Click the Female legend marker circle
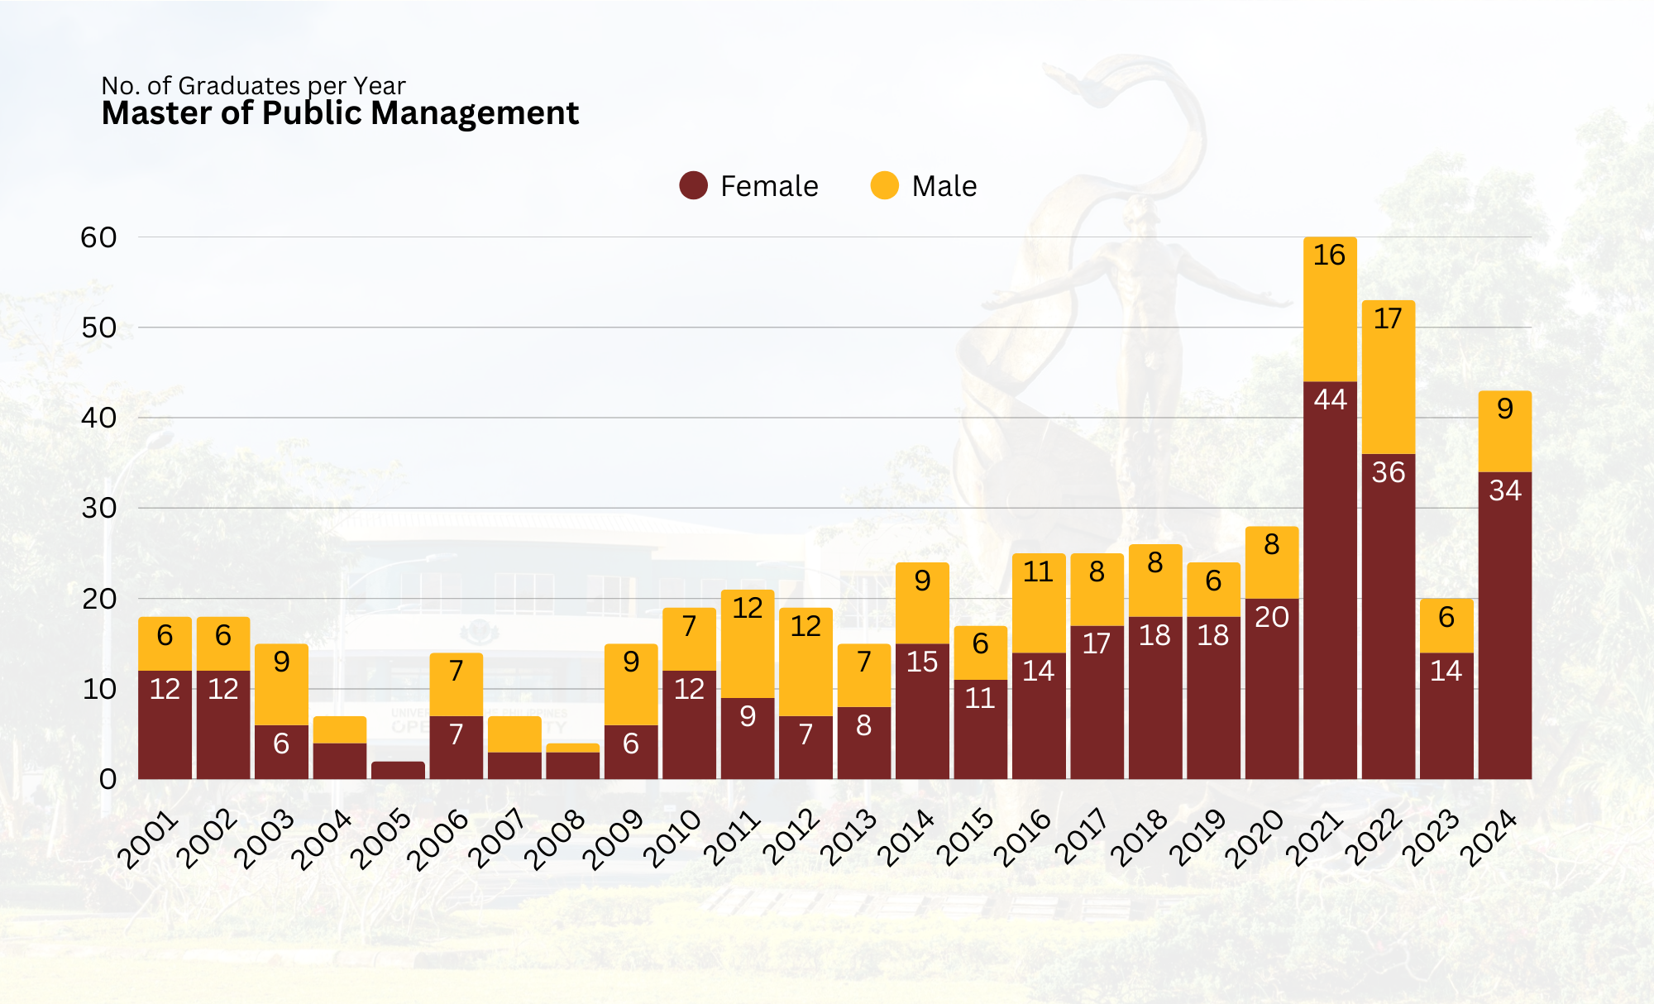693,185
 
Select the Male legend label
944,186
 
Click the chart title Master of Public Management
340,113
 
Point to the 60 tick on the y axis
98,237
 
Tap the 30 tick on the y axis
98,508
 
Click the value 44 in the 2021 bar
1330,399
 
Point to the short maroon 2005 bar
398,770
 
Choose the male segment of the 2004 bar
340,729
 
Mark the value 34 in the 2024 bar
1505,490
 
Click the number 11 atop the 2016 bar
1038,571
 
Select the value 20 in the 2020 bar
1272,617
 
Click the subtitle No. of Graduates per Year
253,85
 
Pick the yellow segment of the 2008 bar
572,748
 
